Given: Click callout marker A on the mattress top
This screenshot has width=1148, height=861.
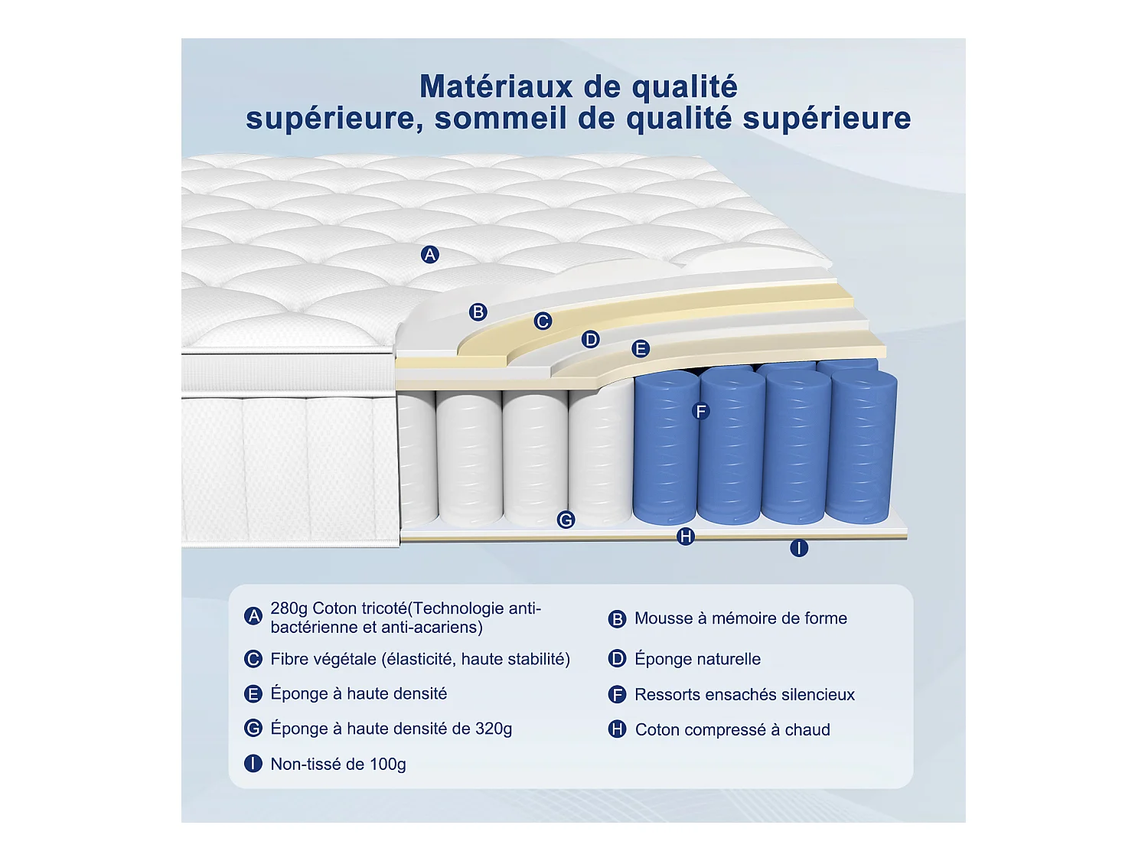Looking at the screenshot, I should point(430,255).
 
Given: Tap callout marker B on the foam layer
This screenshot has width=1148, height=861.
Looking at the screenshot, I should point(478,312).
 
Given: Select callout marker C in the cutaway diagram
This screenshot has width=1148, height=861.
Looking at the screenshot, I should point(543,321).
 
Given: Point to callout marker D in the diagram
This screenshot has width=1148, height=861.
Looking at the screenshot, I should point(590,339).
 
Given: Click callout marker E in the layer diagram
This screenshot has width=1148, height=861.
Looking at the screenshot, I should point(641,349).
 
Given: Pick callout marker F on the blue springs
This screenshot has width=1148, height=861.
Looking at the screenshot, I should point(700,412).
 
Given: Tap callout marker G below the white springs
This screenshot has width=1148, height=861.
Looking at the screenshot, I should point(566,520).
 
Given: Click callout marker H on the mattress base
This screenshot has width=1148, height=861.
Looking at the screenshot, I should point(686,536).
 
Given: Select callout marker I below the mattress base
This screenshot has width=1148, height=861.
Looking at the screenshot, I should point(799,548).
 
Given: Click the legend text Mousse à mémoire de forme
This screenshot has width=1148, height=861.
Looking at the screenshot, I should point(740,618).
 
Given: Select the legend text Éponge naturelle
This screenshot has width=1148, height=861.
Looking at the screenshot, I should point(697,659).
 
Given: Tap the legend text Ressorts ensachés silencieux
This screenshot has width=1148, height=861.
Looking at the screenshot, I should point(744,694).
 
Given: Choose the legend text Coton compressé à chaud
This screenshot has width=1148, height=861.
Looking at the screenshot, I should point(732,729).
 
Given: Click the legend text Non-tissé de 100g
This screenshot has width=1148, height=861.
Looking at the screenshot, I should point(338,764).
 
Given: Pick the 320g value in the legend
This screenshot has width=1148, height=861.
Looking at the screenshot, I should point(493,729).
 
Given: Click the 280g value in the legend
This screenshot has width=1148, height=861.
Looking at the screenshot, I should point(289,608).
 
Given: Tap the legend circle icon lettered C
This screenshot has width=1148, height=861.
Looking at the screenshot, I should point(253,659).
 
